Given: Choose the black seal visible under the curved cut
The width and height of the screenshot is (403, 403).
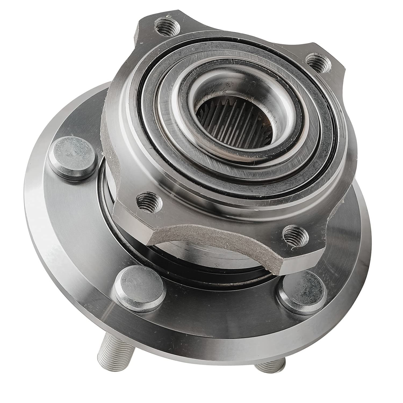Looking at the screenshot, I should (x=188, y=263).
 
